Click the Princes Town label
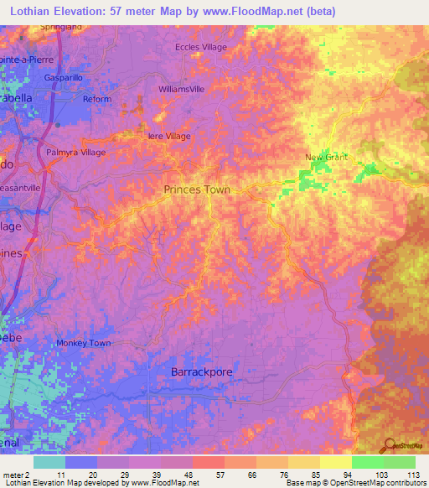[x=196, y=189]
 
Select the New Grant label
[x=325, y=157]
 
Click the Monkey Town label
[x=84, y=343]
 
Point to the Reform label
[x=97, y=99]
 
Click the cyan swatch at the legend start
[x=49, y=462]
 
